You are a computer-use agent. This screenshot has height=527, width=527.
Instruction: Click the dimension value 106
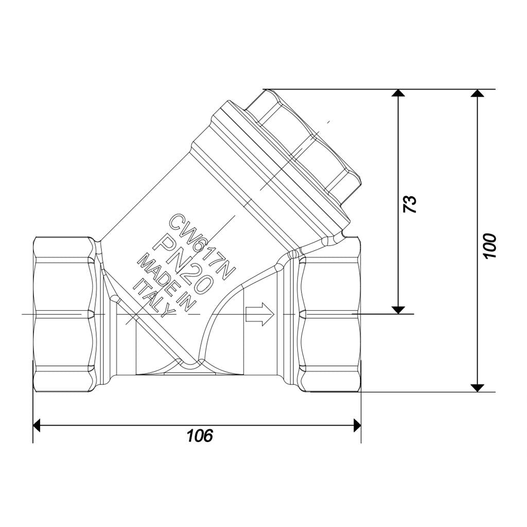coord(200,435)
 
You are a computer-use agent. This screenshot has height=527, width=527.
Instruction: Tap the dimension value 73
coord(410,204)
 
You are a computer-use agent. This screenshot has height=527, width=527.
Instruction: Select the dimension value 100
coord(490,246)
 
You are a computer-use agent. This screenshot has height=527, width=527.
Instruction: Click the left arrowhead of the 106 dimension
coord(37,425)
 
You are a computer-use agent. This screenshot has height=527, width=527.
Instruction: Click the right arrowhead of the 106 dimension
coord(357,425)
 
